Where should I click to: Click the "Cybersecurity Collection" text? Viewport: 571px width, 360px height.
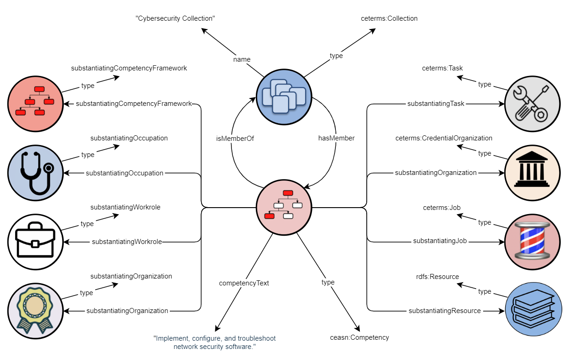click(175, 18)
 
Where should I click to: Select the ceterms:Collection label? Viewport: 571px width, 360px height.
click(389, 18)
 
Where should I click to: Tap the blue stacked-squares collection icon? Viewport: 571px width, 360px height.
click(284, 97)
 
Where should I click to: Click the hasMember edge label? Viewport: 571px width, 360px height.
click(336, 138)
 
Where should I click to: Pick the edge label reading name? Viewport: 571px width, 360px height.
click(242, 59)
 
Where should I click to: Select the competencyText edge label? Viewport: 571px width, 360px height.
click(244, 283)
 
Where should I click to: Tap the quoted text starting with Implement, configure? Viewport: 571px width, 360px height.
click(214, 343)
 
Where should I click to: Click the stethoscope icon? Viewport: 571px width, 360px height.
click(35, 173)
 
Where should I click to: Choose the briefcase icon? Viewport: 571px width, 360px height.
click(35, 242)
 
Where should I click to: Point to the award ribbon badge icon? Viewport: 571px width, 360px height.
click(35, 311)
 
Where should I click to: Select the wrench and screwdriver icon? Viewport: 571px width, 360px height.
click(532, 104)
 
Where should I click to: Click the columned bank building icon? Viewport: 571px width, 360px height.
click(532, 173)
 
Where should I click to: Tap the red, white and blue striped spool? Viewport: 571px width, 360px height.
click(532, 242)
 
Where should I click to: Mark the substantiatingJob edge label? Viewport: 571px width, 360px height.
click(440, 241)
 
